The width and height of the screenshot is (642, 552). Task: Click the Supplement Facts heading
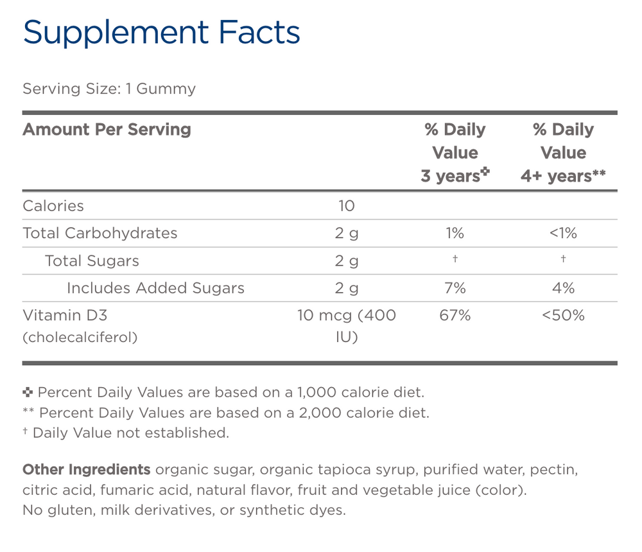[161, 33]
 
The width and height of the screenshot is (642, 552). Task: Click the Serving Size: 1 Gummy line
[109, 89]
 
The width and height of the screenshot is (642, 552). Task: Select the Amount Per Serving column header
[107, 130]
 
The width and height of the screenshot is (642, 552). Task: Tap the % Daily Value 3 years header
[455, 153]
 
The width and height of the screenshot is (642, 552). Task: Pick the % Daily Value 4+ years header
[563, 153]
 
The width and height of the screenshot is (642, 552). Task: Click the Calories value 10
[346, 206]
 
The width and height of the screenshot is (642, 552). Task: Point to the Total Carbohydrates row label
[100, 233]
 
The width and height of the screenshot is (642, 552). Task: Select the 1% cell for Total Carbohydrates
[455, 233]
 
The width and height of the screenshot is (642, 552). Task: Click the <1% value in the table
[563, 233]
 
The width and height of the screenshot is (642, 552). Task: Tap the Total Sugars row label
[92, 261]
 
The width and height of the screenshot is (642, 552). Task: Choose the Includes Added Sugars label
[155, 288]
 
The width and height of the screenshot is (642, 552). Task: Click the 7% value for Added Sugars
[455, 288]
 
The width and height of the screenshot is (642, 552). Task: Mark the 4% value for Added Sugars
[563, 288]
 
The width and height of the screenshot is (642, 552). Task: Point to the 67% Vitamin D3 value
[455, 316]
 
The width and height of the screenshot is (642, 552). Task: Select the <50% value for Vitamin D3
[563, 316]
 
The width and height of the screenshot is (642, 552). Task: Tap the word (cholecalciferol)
[80, 337]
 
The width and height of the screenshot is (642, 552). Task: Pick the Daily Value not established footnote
[126, 433]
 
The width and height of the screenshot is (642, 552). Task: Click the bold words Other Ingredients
[87, 470]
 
